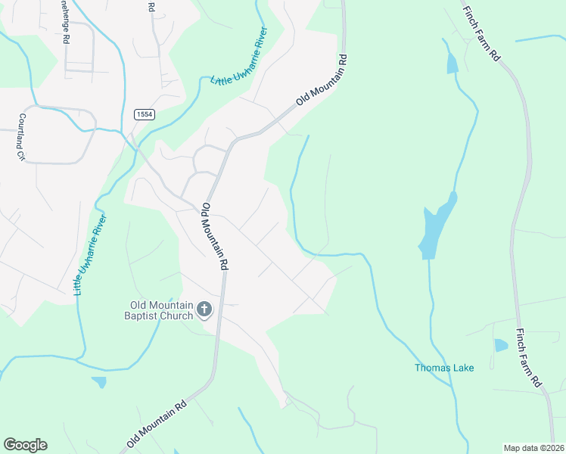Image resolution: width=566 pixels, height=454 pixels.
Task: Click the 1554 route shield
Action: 145,113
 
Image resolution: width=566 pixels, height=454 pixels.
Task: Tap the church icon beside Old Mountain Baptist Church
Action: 204,309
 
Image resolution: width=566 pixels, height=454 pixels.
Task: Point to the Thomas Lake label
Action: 444,368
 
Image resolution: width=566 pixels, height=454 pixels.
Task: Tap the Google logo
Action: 25,444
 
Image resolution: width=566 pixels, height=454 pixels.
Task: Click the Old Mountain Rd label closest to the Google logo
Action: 157,424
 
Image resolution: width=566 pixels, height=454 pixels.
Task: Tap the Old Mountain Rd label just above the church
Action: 215,236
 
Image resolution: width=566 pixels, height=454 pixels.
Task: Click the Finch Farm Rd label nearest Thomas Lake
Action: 530,356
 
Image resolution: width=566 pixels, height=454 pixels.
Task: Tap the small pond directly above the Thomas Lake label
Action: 500,346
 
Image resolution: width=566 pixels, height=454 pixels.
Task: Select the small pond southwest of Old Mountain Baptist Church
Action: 99,382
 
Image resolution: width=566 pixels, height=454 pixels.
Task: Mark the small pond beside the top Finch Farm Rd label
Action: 452,64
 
